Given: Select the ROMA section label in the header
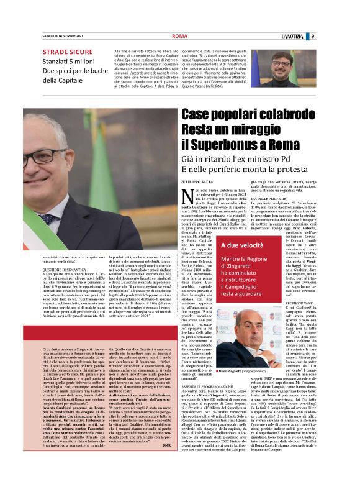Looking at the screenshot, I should [179, 36].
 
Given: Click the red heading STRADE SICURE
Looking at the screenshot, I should [69, 51].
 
